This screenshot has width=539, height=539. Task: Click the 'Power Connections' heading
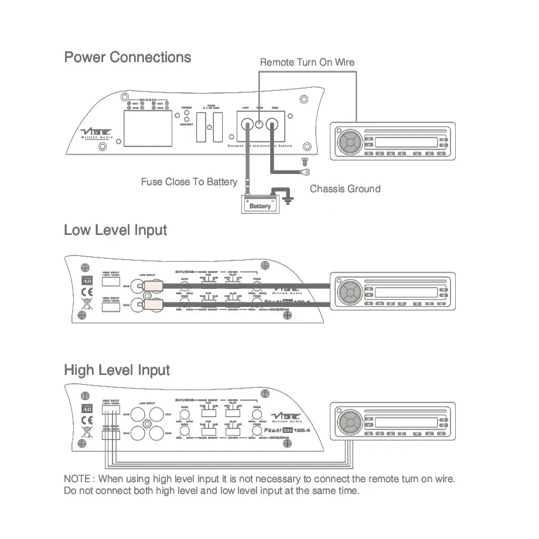(127, 57)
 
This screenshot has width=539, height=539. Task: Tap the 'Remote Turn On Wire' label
(307, 62)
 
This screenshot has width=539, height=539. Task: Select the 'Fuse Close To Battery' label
(189, 182)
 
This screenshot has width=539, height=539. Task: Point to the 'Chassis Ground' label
(344, 189)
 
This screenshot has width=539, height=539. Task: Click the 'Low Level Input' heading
(115, 230)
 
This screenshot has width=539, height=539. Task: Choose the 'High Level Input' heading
(117, 370)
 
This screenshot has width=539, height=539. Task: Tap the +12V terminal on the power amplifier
(247, 124)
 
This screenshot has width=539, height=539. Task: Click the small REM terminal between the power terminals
(260, 124)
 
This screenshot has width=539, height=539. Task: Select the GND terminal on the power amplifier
(272, 124)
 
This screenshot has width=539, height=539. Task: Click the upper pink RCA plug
(152, 286)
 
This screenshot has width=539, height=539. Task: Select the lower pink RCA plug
(152, 304)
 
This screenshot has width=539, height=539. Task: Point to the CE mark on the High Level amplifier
(86, 420)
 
